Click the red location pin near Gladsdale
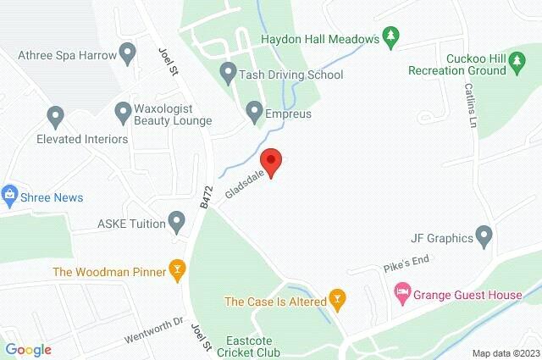[270, 160]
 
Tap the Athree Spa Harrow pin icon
[129, 55]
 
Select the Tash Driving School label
[290, 75]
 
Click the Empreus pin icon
[254, 111]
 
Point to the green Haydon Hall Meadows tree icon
[390, 36]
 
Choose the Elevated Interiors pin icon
[56, 114]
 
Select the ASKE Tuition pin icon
[177, 223]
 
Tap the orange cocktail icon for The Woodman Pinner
[177, 271]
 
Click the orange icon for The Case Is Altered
[337, 300]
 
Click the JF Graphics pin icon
[484, 234]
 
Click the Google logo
[29, 350]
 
